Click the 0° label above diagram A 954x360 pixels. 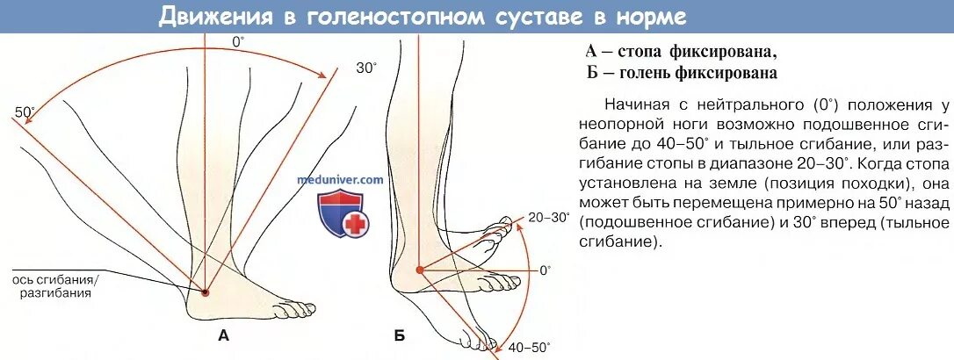click(x=238, y=41)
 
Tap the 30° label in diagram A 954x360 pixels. click(x=366, y=68)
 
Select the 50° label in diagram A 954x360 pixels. click(x=25, y=112)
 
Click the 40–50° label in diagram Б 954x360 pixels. click(x=528, y=347)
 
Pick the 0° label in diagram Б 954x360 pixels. click(x=545, y=270)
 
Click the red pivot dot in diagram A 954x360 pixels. click(x=205, y=292)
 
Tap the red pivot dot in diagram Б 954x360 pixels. click(x=419, y=270)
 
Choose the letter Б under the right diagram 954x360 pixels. click(x=400, y=335)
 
